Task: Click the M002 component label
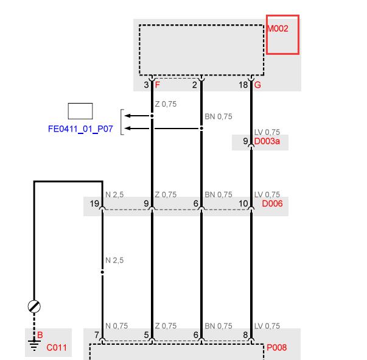(278, 29)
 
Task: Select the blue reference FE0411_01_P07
(80, 129)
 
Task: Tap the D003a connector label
(267, 141)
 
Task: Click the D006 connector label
(272, 203)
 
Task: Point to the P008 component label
(277, 347)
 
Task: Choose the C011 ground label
(57, 348)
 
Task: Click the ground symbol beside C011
(34, 345)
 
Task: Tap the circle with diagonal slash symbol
(34, 306)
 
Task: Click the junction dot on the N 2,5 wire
(102, 272)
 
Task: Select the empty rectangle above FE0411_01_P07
(80, 111)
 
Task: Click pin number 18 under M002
(243, 85)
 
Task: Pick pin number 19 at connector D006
(94, 203)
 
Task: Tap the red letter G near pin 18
(257, 85)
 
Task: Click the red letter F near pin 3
(158, 85)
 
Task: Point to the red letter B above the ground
(40, 335)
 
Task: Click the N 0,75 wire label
(117, 326)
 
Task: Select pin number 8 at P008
(245, 335)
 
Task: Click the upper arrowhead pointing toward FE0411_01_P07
(128, 116)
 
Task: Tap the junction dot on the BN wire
(201, 129)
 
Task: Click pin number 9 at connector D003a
(245, 141)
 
